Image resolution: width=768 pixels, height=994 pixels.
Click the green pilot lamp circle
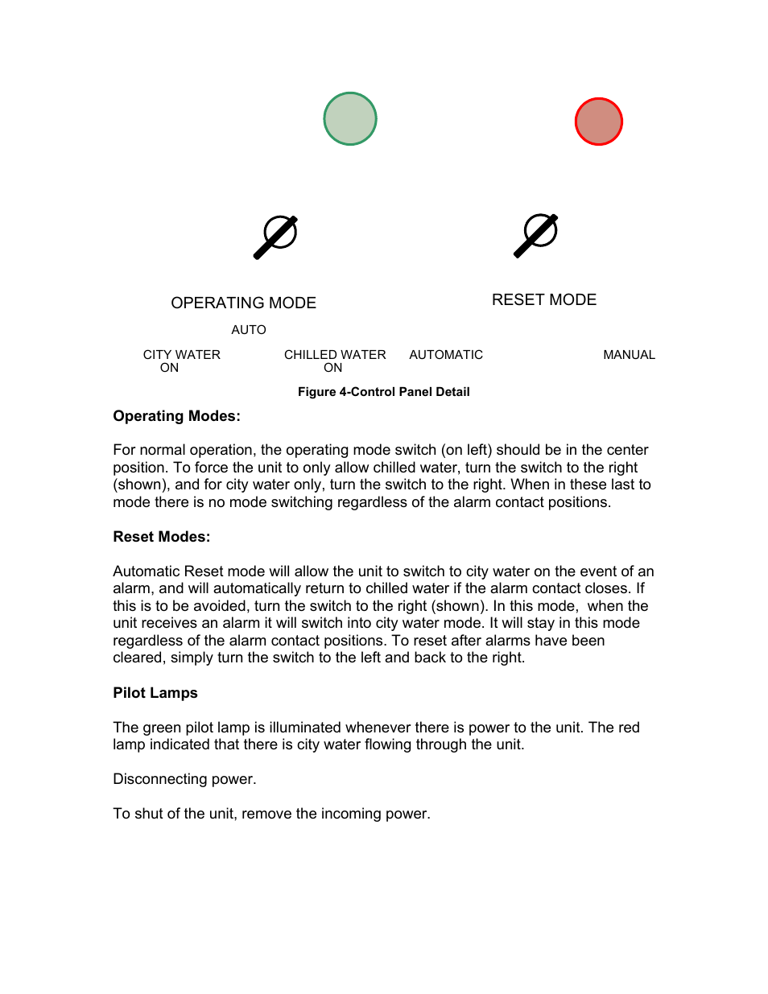pos(350,119)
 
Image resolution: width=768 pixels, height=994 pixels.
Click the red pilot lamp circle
pos(598,122)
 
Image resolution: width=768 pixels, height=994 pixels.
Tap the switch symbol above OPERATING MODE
pos(276,237)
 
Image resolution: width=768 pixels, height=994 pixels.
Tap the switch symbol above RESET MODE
pos(536,235)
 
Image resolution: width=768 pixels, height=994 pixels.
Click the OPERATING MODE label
pos(243,303)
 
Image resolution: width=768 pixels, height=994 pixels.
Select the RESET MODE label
pos(543,300)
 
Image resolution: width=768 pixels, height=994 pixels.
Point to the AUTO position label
pos(248,330)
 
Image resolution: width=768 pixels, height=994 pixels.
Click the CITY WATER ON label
pos(181,361)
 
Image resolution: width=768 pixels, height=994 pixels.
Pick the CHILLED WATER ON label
pos(335,361)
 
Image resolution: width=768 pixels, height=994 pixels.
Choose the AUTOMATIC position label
pos(446,355)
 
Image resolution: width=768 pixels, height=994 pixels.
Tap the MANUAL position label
pos(629,355)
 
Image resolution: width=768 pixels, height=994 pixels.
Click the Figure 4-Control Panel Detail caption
pos(383,392)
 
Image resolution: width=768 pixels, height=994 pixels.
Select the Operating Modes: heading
pos(176,416)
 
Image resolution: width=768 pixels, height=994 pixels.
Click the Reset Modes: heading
pos(161,537)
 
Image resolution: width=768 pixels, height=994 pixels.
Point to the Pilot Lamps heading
pos(155,693)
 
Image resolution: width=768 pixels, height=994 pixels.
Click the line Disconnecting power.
pos(184,779)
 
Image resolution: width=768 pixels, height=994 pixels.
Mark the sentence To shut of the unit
pos(271,814)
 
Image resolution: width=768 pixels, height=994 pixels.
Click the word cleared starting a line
pos(138,658)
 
